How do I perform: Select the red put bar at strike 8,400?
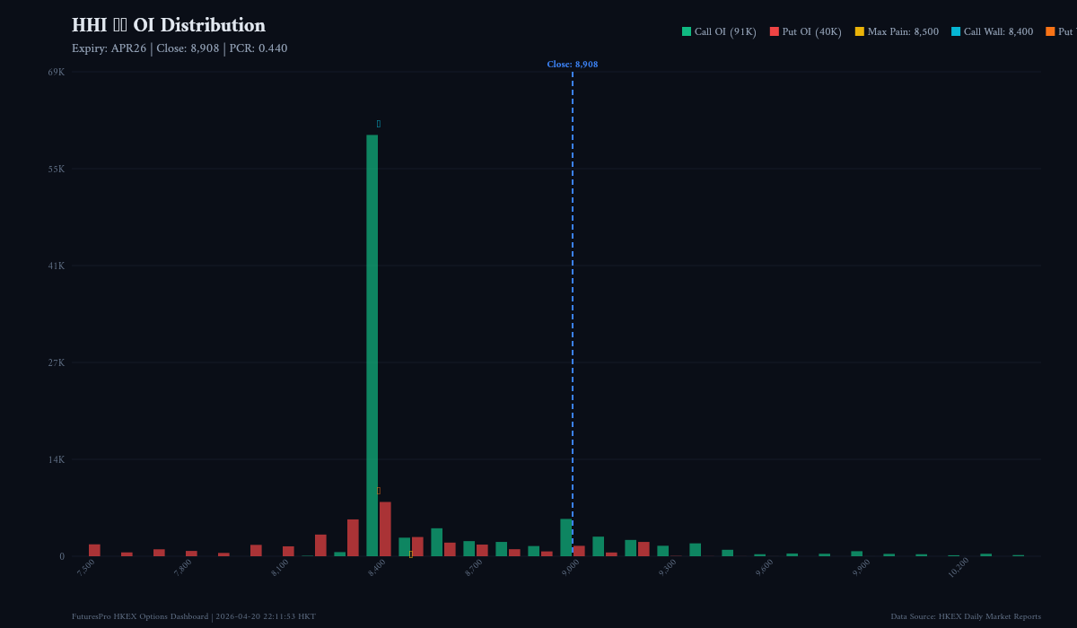385,529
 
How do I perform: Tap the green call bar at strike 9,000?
566,537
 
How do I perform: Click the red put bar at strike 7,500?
94,550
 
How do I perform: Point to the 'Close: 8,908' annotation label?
572,65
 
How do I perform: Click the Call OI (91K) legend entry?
719,31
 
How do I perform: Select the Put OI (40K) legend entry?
805,31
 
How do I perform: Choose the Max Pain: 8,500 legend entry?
897,31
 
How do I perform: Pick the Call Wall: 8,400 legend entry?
992,31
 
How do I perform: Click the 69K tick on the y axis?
56,72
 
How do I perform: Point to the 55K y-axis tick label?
56,169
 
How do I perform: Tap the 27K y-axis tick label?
56,362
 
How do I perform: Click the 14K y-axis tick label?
56,459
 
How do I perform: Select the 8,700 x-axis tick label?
474,568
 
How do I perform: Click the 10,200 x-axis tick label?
958,568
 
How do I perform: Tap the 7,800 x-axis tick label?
183,568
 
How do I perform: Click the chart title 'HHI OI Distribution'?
169,25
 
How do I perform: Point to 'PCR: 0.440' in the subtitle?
258,48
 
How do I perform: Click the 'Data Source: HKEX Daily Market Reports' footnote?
966,616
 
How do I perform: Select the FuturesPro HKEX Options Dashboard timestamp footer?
194,616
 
